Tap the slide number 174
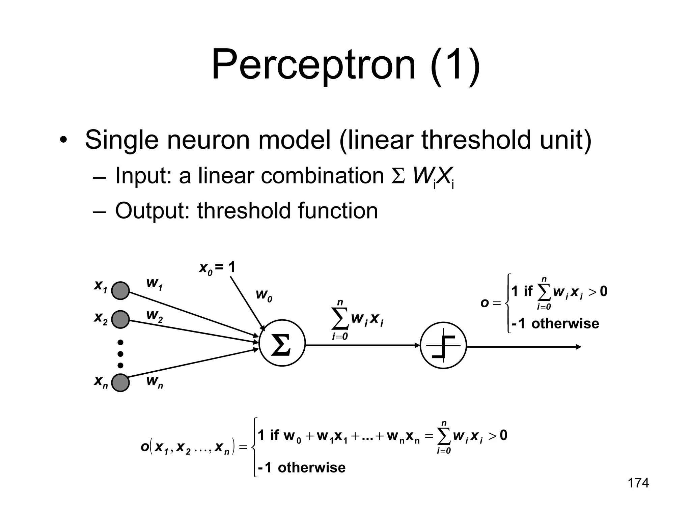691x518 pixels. click(638, 483)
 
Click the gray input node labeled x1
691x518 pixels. click(120, 290)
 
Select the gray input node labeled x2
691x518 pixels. click(120, 319)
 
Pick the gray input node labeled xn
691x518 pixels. click(120, 382)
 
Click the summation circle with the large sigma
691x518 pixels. click(282, 343)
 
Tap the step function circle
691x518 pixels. click(443, 345)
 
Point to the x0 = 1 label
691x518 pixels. click(217, 268)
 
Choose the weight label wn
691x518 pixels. click(155, 381)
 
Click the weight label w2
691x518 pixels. click(155, 316)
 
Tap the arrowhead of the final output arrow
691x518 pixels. click(579, 347)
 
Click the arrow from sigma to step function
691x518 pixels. click(361, 345)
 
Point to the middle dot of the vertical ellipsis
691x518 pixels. click(120, 354)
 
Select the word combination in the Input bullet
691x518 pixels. click(322, 176)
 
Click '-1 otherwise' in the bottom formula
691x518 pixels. click(302, 468)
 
